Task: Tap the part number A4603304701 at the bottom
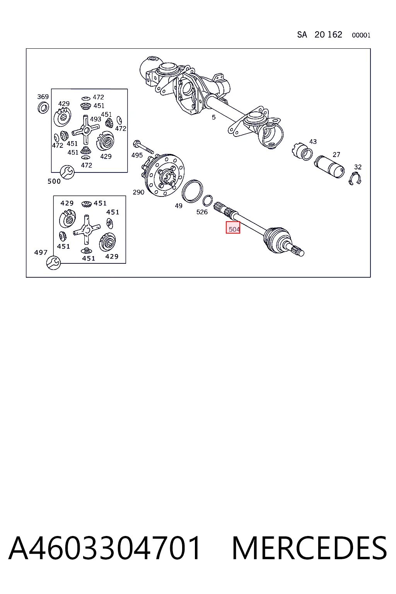104,548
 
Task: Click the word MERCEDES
309,548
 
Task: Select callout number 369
43,97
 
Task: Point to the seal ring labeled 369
43,108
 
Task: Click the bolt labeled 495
143,147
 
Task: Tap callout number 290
138,192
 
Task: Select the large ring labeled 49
192,191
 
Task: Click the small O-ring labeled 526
207,200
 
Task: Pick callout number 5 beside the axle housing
213,117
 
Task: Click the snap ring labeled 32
355,178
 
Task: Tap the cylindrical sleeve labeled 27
329,167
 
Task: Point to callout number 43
313,142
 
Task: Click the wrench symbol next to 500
67,172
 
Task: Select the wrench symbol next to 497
53,263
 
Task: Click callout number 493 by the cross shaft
96,119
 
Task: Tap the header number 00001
361,35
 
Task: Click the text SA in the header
302,34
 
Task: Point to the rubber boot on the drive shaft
277,239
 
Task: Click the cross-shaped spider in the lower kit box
87,230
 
